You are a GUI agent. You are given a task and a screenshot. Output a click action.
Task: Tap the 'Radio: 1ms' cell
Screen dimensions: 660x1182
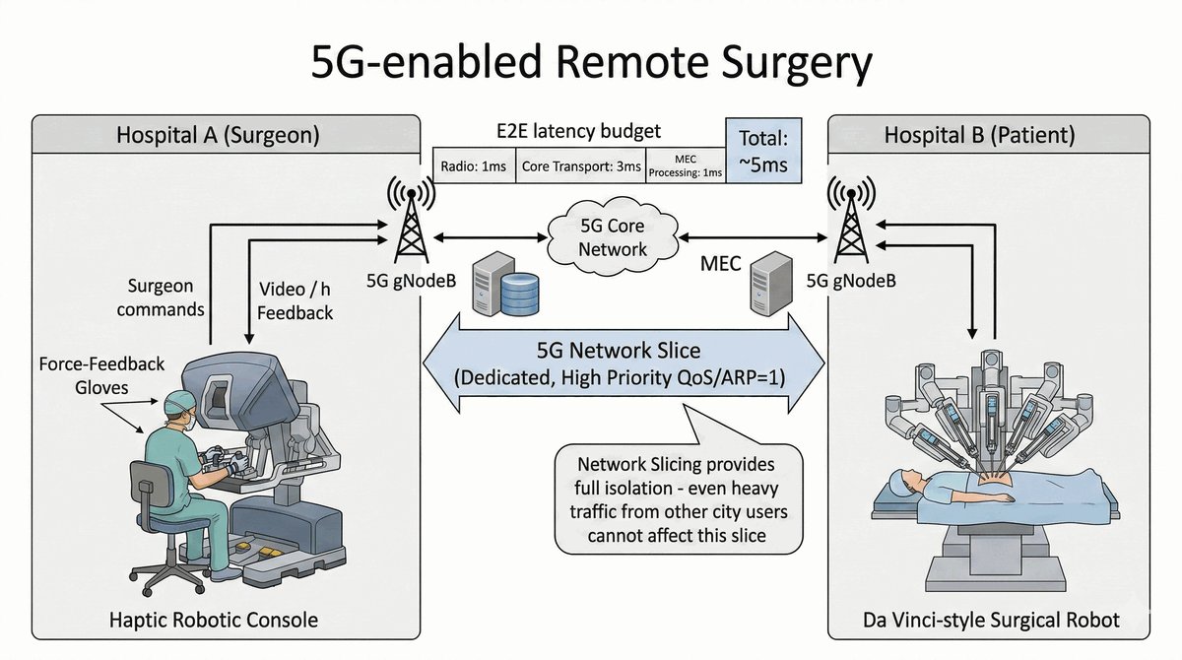click(471, 166)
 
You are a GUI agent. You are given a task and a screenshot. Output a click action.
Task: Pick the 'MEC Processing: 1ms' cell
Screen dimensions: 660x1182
click(685, 165)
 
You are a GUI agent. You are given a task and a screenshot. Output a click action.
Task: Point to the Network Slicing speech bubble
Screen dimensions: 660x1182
click(678, 498)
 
